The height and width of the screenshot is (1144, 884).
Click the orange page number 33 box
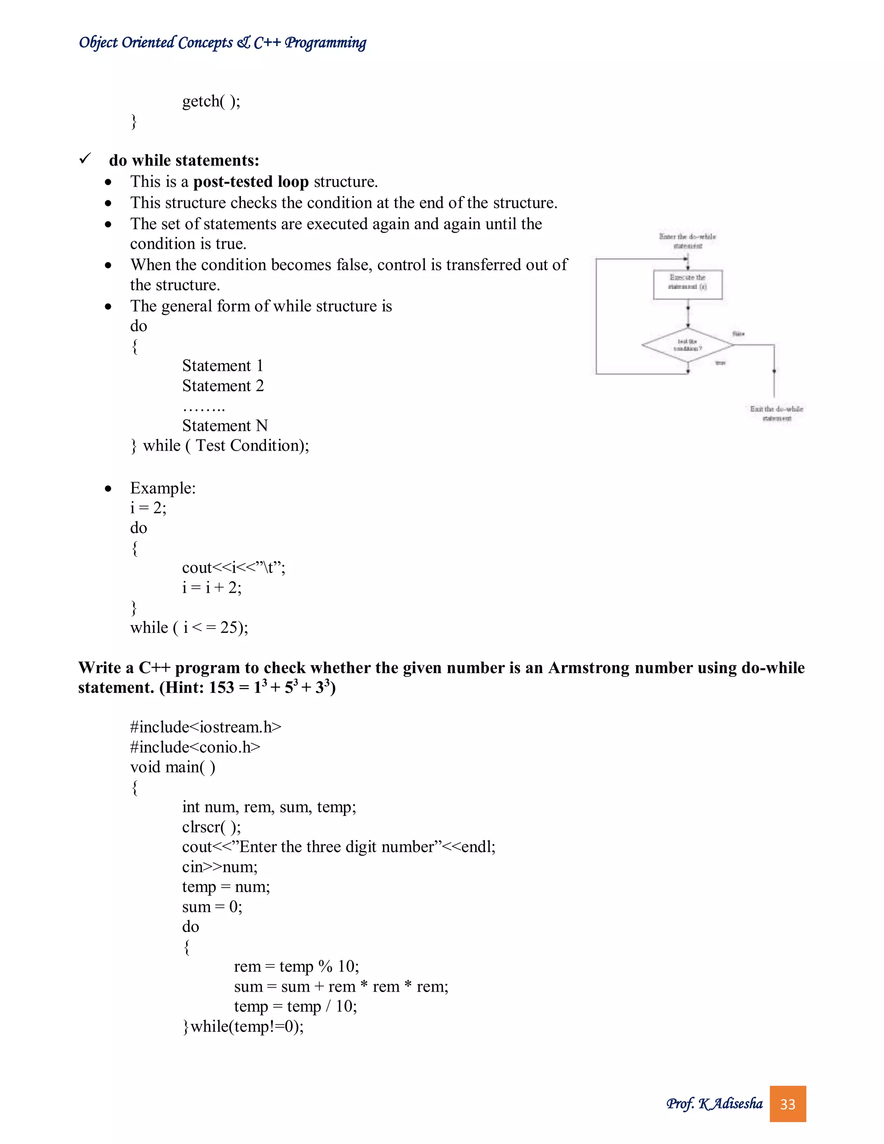787,1104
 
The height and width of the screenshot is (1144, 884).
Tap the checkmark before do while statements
85,159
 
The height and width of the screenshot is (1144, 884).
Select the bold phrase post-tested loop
251,182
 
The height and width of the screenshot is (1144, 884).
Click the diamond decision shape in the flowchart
687,345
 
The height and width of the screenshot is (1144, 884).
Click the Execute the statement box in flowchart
688,284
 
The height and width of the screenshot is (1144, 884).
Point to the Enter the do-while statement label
687,241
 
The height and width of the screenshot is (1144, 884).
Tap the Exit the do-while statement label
776,413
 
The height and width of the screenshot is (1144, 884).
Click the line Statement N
224,425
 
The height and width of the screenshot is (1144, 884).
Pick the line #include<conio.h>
195,747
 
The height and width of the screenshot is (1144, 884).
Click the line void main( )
172,767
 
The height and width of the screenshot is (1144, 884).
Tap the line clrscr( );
212,827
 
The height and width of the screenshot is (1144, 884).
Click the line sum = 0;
212,906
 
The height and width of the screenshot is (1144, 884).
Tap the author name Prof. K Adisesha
714,1104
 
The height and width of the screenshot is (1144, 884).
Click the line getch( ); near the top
211,101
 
